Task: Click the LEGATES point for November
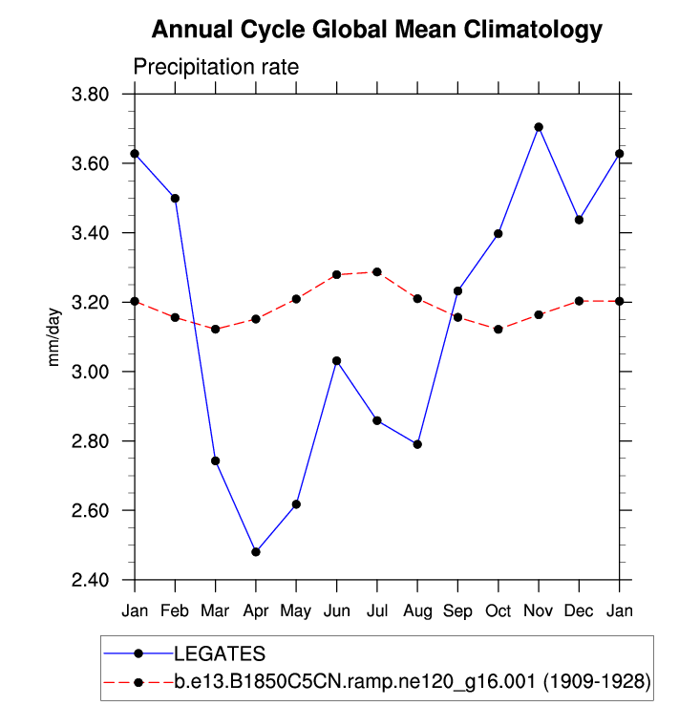[x=539, y=127]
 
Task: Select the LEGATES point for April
[x=256, y=552]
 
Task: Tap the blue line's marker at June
[x=337, y=361]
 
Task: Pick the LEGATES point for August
[x=417, y=444]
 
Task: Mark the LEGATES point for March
[x=216, y=460]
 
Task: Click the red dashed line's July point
[x=377, y=272]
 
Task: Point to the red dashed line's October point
[x=498, y=329]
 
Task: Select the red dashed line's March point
[x=216, y=329]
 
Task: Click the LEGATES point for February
[x=175, y=198]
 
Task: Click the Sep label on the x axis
[x=457, y=609]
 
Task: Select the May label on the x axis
[x=296, y=610]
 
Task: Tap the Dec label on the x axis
[x=579, y=609]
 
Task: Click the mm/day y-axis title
[x=56, y=338]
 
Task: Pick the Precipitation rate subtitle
[x=216, y=67]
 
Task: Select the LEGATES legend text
[x=219, y=653]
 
